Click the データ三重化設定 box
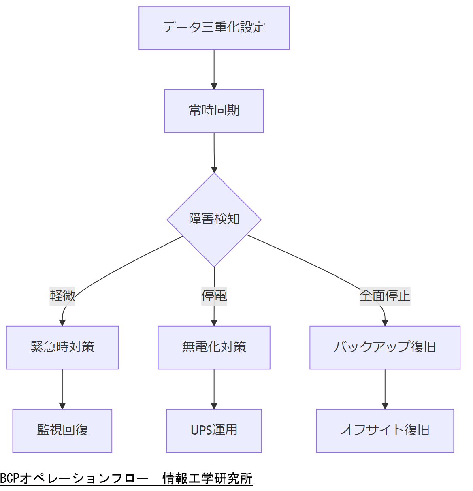214,28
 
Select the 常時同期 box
214,111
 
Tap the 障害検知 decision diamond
214,220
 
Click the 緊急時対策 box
62,347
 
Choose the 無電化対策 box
214,347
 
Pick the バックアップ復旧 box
385,347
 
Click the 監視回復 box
62,430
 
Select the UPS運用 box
214,430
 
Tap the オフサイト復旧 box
385,430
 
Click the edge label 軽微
62,296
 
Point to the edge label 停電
214,296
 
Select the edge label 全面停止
385,296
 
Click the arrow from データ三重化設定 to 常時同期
214,69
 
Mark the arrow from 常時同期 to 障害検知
214,152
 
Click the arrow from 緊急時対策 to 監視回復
62,388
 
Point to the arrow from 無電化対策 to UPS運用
214,388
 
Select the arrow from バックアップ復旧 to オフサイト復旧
385,388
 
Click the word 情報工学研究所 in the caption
207,478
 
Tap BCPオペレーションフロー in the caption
74,478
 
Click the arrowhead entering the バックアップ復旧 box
385,322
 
